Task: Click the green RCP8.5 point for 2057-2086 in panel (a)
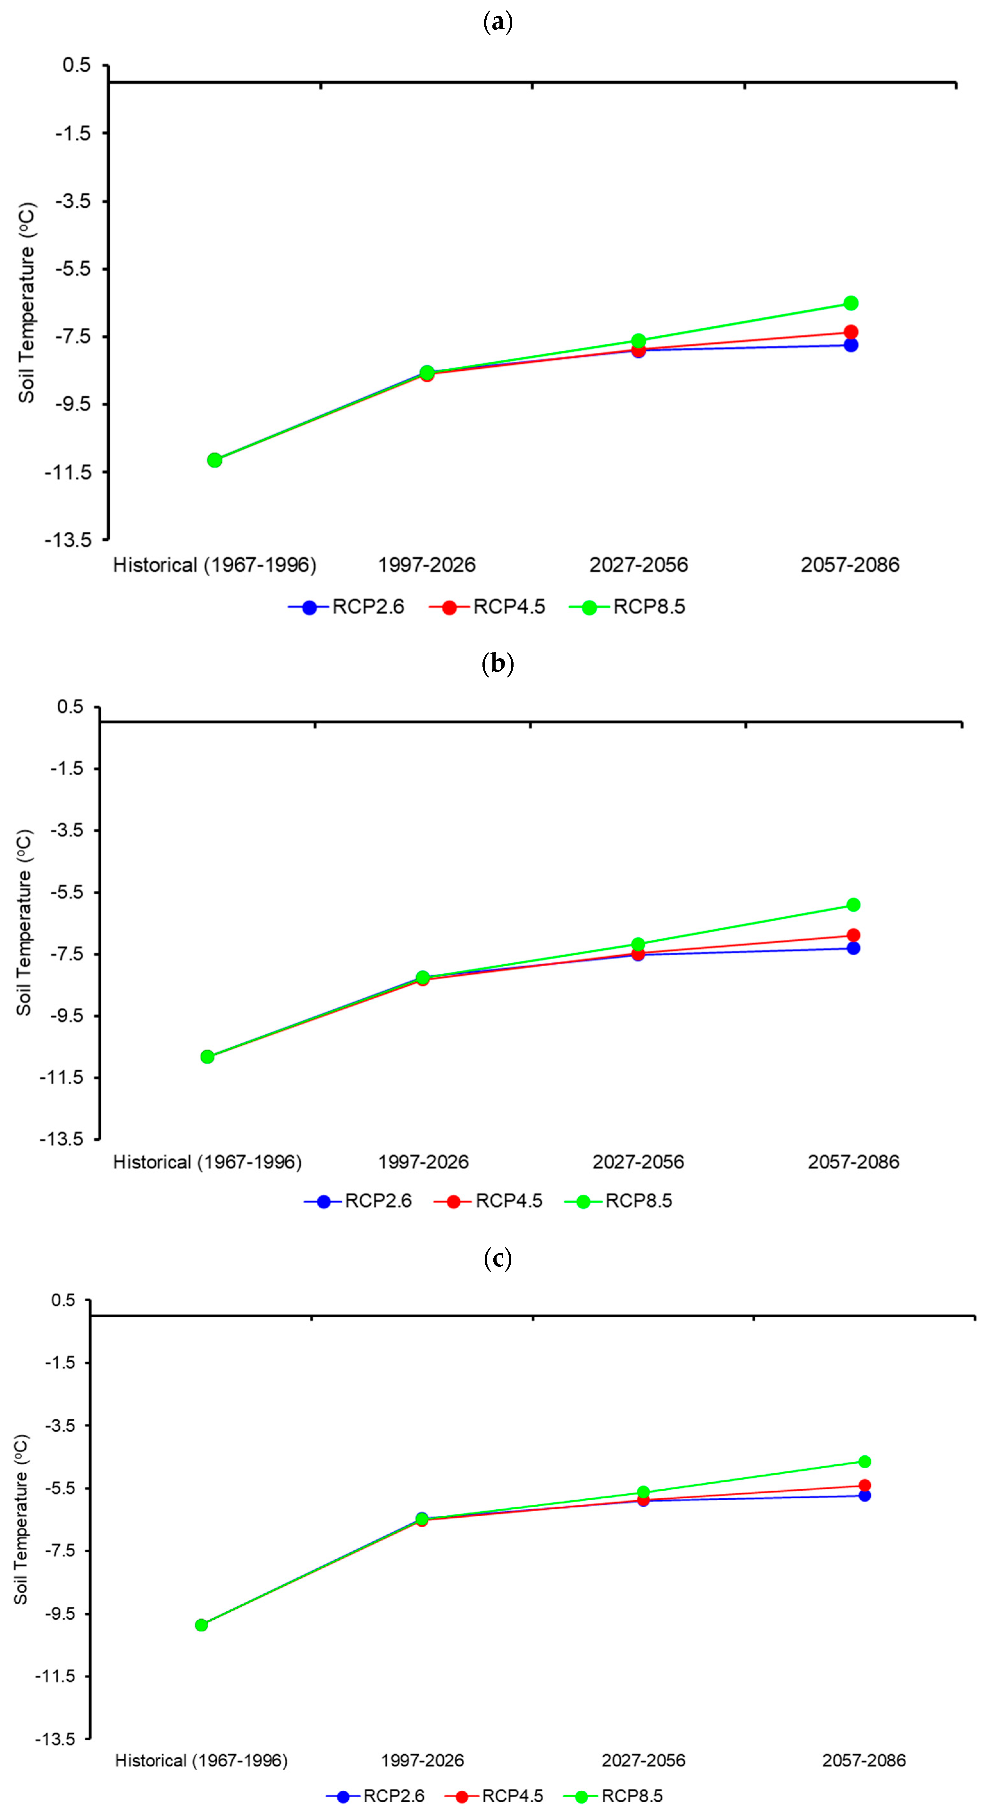click(x=851, y=303)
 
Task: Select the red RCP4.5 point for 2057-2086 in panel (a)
click(x=851, y=332)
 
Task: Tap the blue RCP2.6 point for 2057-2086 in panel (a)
click(x=851, y=345)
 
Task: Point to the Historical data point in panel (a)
click(x=214, y=460)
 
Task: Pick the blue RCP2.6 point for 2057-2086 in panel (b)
click(x=853, y=948)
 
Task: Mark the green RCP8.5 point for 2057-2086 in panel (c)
click(x=865, y=1461)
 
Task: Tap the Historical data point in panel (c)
click(x=201, y=1624)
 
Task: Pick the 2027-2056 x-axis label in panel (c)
click(x=643, y=1761)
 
